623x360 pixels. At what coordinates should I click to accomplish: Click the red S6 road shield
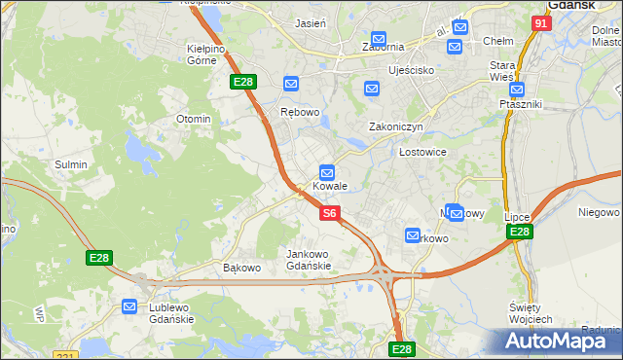330,212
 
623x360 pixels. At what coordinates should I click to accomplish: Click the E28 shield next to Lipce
520,232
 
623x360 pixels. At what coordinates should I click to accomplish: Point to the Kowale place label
330,186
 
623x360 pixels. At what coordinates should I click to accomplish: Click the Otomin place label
193,119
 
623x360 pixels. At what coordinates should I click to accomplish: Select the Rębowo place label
300,112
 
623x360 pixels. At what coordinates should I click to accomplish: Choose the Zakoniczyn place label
395,126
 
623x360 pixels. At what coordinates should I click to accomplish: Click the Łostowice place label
422,153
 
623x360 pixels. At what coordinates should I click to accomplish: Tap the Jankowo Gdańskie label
309,260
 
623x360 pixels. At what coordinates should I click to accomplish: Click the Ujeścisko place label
411,71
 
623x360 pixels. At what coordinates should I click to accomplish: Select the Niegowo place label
599,212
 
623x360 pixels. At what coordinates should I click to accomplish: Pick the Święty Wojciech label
531,313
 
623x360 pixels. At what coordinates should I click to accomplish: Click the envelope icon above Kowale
329,171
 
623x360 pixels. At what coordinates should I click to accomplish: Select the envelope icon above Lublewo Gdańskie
130,306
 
